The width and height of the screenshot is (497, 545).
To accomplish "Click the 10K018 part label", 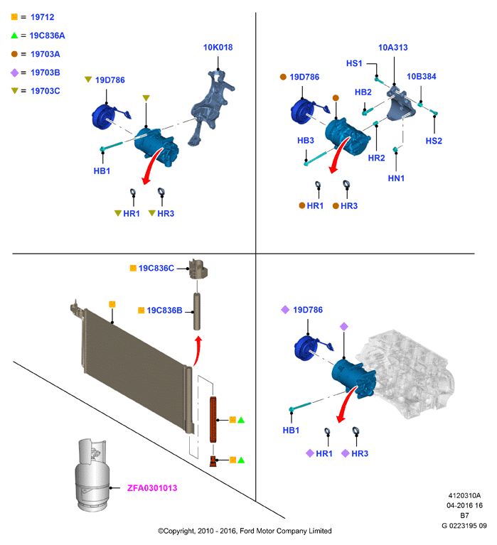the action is [218, 48].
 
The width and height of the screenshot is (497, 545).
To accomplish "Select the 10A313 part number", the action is [392, 48].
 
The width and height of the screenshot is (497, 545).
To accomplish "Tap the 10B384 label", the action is [421, 77].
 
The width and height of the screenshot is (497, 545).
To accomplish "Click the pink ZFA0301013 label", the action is [152, 488].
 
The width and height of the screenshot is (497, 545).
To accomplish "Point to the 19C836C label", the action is [156, 268].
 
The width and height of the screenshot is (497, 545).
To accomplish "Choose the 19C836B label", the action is [164, 311].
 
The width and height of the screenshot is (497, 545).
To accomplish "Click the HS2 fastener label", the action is [434, 141].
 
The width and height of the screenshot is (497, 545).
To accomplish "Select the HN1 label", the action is [396, 178].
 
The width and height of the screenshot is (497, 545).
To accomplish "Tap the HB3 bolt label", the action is [305, 141].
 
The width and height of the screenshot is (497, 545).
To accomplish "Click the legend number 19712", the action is [43, 17].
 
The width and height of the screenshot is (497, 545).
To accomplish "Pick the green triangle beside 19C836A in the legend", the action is [14, 36].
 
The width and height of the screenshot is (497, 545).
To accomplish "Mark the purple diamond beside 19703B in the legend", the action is [14, 72].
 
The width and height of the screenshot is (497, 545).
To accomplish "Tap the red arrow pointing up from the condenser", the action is [197, 350].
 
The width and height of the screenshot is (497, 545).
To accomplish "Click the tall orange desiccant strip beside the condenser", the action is [213, 419].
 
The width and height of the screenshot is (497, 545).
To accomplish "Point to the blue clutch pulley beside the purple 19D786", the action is [305, 349].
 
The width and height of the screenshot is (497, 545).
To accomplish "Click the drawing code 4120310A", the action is [464, 496].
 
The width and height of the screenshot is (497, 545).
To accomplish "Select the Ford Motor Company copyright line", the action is [245, 531].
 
